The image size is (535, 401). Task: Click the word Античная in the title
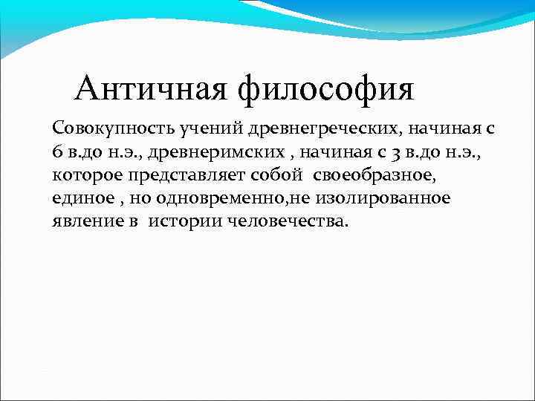tap(152, 89)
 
